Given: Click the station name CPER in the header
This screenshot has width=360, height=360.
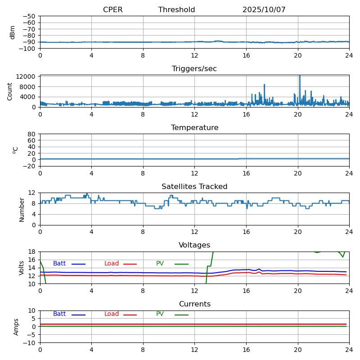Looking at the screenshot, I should (x=112, y=10).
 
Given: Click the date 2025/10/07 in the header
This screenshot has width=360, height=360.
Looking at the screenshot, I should (x=264, y=10).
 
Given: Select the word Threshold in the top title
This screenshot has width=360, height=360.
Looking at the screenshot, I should (x=176, y=10).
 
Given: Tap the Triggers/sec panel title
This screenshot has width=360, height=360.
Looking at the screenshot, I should (x=194, y=69).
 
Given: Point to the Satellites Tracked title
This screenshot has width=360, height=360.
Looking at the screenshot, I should (x=194, y=187).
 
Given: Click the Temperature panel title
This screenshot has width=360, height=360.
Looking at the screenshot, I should (x=194, y=128).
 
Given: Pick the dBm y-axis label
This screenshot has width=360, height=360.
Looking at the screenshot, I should (x=13, y=32).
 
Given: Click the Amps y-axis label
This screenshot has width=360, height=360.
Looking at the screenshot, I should (x=16, y=327).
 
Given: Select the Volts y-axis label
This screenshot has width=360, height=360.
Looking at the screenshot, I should (x=22, y=268).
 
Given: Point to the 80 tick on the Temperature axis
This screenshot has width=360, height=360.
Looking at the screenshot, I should (x=32, y=134).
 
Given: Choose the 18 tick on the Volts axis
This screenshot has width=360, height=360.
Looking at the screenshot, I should (x=33, y=252).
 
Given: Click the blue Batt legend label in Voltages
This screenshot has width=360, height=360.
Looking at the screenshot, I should (x=59, y=264).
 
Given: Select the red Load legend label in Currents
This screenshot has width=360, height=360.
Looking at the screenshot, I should (x=112, y=314).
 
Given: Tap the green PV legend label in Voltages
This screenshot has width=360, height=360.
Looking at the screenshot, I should (x=160, y=264).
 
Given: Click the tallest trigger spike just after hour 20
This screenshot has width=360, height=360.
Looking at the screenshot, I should (x=300, y=76).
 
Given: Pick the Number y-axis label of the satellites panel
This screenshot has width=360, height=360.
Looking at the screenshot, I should (x=22, y=209).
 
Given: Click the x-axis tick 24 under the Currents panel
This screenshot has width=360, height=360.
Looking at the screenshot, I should (x=349, y=350).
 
